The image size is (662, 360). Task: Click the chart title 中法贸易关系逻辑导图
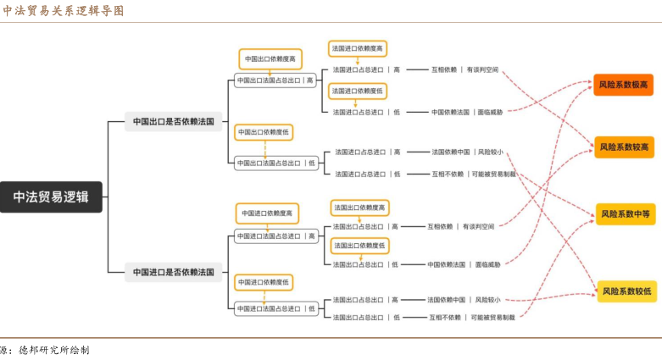point(63,11)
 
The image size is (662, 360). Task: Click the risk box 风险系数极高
point(624,85)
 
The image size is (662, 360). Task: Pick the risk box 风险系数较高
point(624,147)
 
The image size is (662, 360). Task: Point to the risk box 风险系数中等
point(626,214)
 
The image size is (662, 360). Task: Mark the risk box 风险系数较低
point(626,291)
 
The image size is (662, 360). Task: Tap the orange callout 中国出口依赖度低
point(264,132)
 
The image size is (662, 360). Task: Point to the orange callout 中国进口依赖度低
point(264,281)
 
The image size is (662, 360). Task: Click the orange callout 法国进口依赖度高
point(357,49)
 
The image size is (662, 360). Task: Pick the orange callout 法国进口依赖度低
point(357,91)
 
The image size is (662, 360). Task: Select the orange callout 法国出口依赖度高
point(359,208)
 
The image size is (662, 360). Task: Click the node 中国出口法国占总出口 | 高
point(275,80)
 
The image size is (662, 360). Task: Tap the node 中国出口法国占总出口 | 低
point(276,163)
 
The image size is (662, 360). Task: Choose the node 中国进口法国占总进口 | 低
point(276,308)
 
